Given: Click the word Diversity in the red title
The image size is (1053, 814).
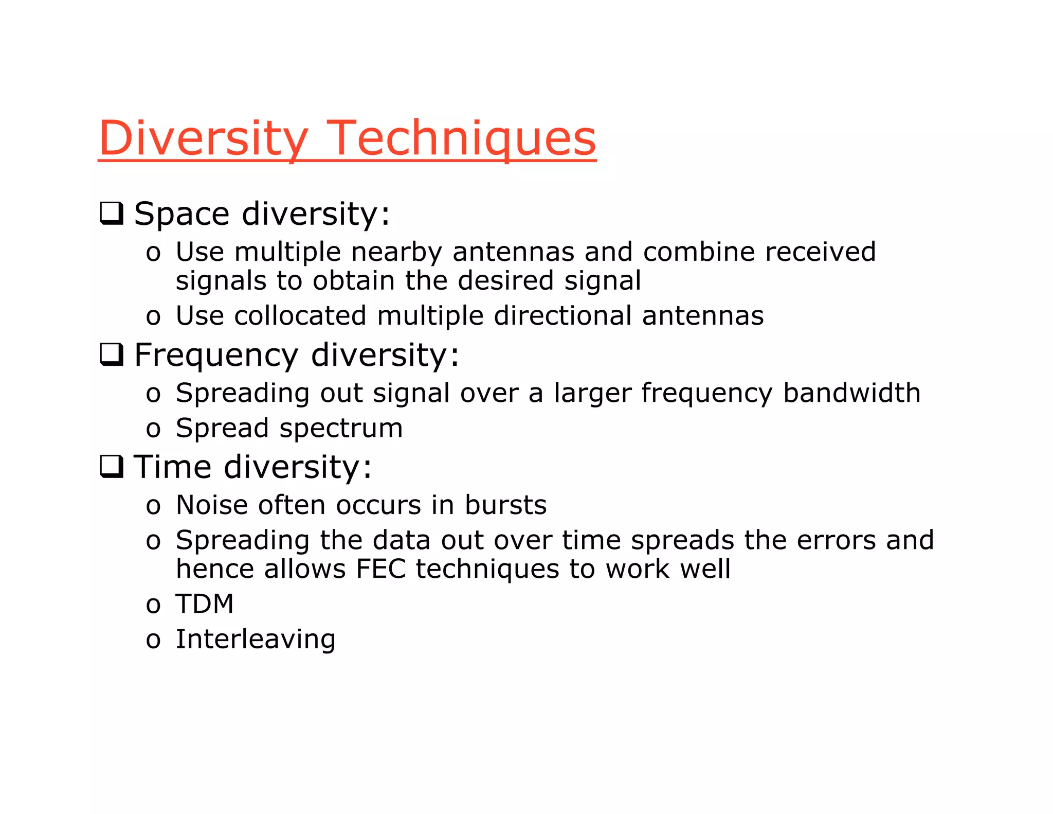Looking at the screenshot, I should [203, 138].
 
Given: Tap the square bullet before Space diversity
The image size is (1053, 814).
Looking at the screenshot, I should [112, 213].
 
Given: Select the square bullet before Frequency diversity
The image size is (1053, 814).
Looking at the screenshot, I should [112, 355].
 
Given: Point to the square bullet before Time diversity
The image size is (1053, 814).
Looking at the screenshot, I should [112, 467].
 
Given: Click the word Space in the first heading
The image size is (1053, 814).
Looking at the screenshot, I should [181, 214].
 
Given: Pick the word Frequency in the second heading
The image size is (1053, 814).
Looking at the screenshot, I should [216, 355].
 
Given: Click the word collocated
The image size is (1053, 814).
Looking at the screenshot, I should [300, 315].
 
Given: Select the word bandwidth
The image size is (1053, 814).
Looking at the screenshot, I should [851, 393].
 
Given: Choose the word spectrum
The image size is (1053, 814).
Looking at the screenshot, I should [341, 429].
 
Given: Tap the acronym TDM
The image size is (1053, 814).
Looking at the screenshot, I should [205, 604].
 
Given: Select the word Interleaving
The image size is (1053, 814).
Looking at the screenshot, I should [256, 640].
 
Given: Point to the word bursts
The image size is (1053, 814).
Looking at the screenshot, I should [505, 505].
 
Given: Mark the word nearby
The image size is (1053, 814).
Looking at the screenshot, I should [396, 252].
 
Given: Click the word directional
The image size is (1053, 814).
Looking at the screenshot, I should [562, 315].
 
